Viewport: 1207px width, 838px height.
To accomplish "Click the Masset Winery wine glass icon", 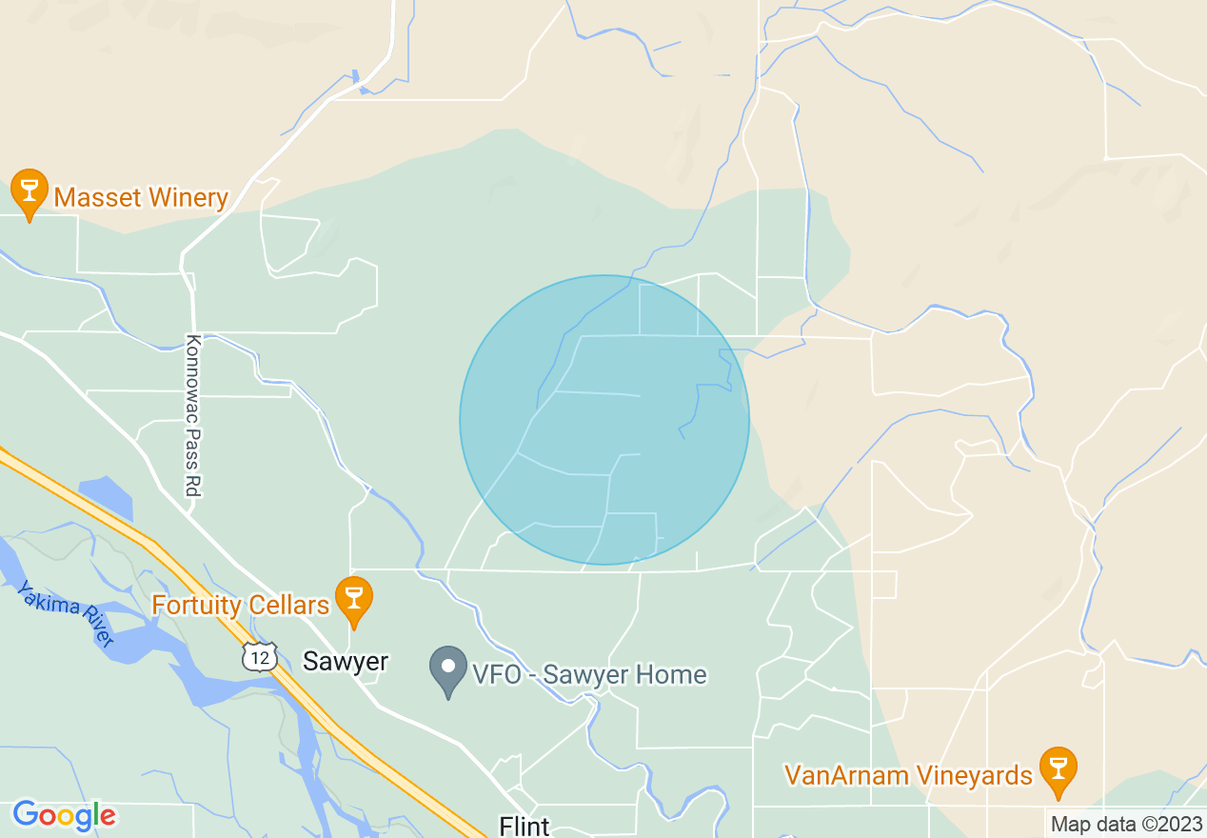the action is tap(30, 190).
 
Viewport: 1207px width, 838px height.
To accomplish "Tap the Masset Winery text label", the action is tap(141, 198).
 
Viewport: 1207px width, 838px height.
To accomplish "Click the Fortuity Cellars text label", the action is tap(241, 605).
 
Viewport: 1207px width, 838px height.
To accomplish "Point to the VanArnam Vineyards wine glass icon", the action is tap(1057, 768).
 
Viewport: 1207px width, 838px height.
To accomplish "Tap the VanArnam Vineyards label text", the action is tap(908, 775).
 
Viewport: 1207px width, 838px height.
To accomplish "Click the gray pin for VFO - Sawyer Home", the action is tap(448, 668).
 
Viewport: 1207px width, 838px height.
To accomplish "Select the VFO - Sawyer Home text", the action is tap(589, 675).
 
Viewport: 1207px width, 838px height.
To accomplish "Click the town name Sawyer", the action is tap(346, 662).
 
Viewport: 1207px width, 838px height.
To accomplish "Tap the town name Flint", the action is tap(524, 825).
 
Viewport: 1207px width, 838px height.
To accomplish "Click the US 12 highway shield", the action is tap(259, 657).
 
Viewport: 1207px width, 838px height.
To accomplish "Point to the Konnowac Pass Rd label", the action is tap(193, 415).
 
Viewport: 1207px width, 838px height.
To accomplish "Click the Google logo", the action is tap(64, 815).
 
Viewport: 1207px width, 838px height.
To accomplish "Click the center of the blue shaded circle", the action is tap(604, 420).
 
